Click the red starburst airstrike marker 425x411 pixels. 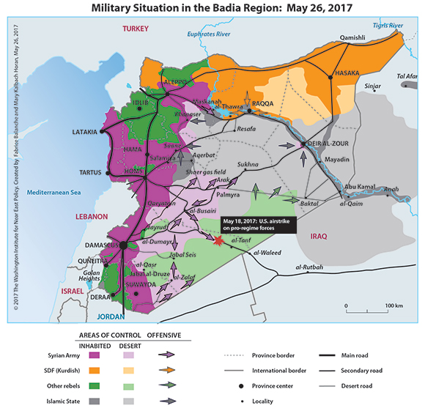218,239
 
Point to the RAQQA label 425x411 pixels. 262,103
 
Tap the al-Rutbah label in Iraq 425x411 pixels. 308,267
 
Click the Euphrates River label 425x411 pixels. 209,34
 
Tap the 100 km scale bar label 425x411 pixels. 394,304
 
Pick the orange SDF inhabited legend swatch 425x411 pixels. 95,369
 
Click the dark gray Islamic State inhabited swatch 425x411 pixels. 95,401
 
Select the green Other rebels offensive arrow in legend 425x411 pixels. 169,385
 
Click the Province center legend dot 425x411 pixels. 243,385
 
